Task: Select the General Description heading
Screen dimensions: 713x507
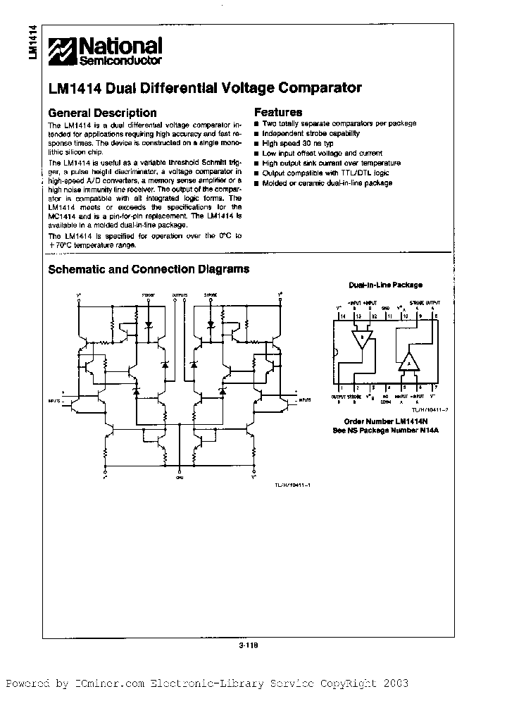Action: pyautogui.click(x=102, y=113)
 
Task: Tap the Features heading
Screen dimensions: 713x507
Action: pyautogui.click(x=278, y=112)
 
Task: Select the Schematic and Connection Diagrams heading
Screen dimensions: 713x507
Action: pyautogui.click(x=148, y=269)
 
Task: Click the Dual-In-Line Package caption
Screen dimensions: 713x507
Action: pyautogui.click(x=386, y=285)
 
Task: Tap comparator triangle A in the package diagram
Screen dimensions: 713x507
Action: pyautogui.click(x=408, y=362)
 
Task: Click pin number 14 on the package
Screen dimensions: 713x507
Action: pyautogui.click(x=342, y=316)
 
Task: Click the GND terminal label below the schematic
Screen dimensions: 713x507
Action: pyautogui.click(x=179, y=477)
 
